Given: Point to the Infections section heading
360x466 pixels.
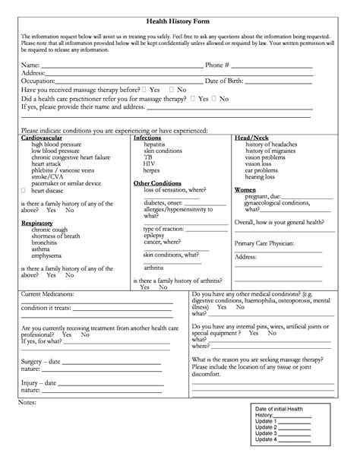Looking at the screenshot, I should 147,138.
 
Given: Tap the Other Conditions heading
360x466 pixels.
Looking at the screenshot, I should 155,182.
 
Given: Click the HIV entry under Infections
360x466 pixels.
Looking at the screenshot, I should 149,163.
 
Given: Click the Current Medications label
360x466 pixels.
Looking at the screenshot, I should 47,293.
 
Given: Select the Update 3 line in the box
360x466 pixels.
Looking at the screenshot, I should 266,433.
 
